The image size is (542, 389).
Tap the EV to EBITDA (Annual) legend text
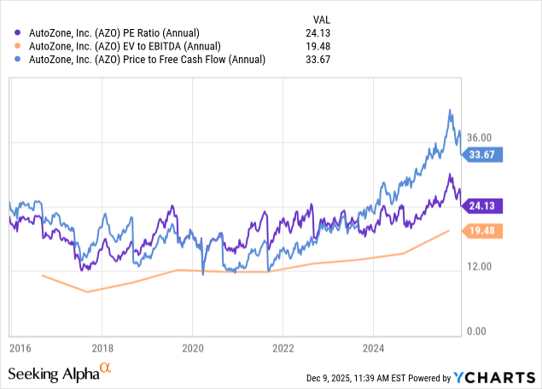[x=122, y=46]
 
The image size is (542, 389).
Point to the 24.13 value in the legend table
[x=321, y=33]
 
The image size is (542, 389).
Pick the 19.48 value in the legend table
[x=321, y=46]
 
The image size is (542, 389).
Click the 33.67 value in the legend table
[x=321, y=59]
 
